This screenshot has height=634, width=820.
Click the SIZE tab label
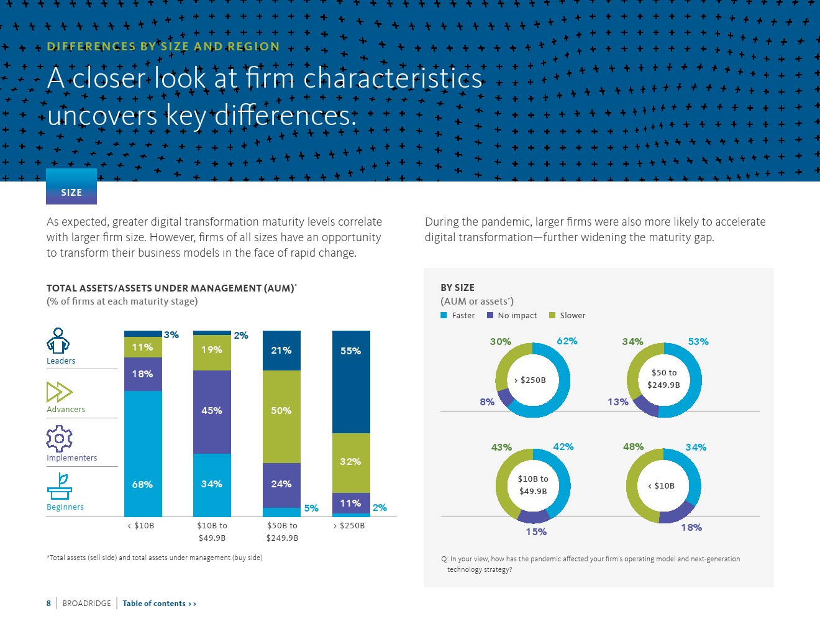pyautogui.click(x=71, y=193)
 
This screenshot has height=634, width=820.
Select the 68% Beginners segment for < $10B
pyautogui.click(x=143, y=454)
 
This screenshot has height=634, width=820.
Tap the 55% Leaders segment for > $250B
pyautogui.click(x=351, y=382)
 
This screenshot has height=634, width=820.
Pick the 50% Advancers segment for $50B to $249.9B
pyautogui.click(x=281, y=416)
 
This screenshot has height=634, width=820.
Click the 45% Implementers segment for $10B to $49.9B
pyautogui.click(x=212, y=411)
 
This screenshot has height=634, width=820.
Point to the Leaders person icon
pyautogui.click(x=58, y=341)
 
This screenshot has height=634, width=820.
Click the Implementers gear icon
pyautogui.click(x=59, y=439)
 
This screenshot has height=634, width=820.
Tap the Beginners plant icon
pyautogui.click(x=60, y=487)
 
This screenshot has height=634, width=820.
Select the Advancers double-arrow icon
pyautogui.click(x=60, y=392)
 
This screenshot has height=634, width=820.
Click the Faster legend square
pyautogui.click(x=444, y=316)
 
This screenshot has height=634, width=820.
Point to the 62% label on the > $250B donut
pyautogui.click(x=567, y=341)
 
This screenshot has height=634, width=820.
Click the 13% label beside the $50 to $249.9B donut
pyautogui.click(x=618, y=402)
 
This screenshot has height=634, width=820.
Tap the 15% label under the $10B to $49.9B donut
pyautogui.click(x=536, y=532)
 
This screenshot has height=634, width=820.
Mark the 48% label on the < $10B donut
pyautogui.click(x=633, y=447)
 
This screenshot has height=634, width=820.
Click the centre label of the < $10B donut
pyautogui.click(x=662, y=486)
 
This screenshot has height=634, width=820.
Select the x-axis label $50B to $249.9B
pyautogui.click(x=282, y=531)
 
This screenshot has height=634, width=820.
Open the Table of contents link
pyautogui.click(x=159, y=604)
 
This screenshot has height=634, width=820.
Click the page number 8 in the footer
pyautogui.click(x=48, y=604)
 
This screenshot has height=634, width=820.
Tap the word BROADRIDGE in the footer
pyautogui.click(x=87, y=604)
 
